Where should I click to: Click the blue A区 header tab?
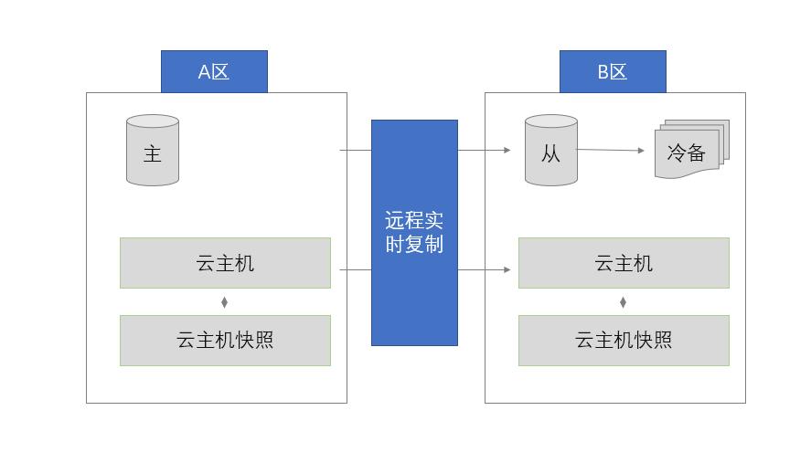coord(214,71)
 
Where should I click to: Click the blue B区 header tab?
coord(613,71)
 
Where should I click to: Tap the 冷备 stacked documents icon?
coord(691,149)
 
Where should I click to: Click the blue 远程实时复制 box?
coord(414,233)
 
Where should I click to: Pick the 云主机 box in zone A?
coord(225,263)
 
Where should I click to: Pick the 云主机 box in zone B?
coord(624,263)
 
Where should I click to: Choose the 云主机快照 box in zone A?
coord(225,341)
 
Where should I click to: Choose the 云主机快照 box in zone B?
coord(624,341)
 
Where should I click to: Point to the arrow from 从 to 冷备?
coord(611,150)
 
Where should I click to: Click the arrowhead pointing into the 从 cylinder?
coord(507,149)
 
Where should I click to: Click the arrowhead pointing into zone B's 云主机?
coord(507,269)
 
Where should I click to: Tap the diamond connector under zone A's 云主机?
coord(225,302)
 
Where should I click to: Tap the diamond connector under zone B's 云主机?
coord(624,302)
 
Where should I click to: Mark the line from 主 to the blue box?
coord(356,149)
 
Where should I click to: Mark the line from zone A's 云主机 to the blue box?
coord(356,269)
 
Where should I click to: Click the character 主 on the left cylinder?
coord(153,153)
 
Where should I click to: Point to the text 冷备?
coord(687,152)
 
